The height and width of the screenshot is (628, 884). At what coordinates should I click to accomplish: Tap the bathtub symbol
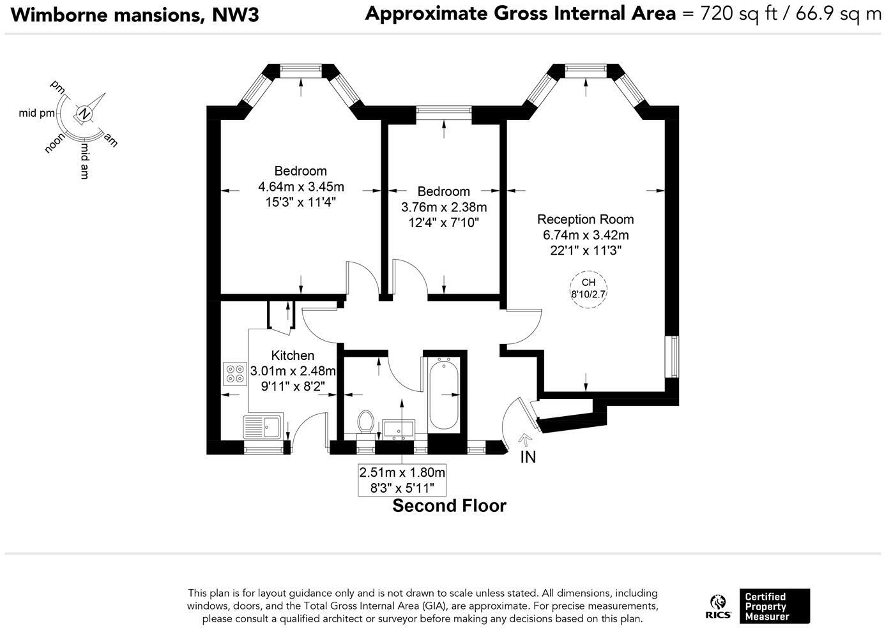click(443, 394)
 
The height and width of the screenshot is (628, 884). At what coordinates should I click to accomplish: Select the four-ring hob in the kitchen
click(235, 373)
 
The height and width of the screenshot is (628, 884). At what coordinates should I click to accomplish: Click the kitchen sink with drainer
click(263, 426)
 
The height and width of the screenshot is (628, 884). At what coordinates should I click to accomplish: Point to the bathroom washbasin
click(399, 428)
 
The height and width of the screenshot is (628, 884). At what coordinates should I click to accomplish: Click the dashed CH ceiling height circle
click(588, 289)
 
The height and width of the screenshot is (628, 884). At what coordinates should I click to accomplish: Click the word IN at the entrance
click(528, 458)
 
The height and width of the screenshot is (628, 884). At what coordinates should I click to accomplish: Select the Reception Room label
click(585, 219)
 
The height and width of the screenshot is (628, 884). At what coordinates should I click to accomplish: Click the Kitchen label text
click(293, 355)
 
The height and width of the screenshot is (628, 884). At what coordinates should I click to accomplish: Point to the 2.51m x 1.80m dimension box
click(402, 480)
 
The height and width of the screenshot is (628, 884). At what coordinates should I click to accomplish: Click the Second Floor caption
click(449, 506)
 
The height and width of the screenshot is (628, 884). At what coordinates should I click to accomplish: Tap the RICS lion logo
click(718, 608)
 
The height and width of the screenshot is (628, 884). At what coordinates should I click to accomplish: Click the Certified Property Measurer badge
click(775, 606)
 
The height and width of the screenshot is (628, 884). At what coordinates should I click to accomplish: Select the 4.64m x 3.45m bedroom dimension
click(301, 186)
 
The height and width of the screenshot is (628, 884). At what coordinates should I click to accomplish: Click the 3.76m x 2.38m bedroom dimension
click(443, 207)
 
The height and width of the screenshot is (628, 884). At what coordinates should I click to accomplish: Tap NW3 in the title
click(235, 15)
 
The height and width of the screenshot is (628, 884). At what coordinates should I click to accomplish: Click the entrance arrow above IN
click(525, 440)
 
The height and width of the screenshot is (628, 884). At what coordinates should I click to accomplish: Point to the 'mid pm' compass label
click(36, 114)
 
